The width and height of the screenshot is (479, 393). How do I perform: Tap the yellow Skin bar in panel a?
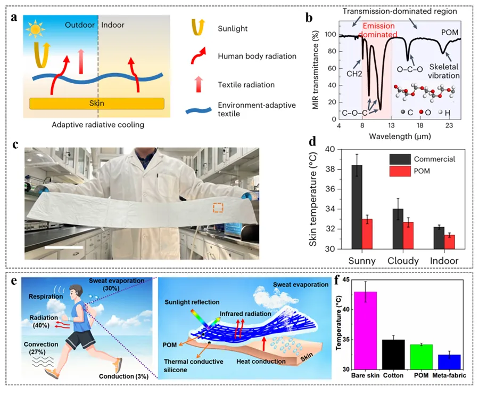pyautogui.click(x=97, y=103)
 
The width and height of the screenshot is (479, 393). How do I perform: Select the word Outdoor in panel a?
pyautogui.click(x=80, y=25)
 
